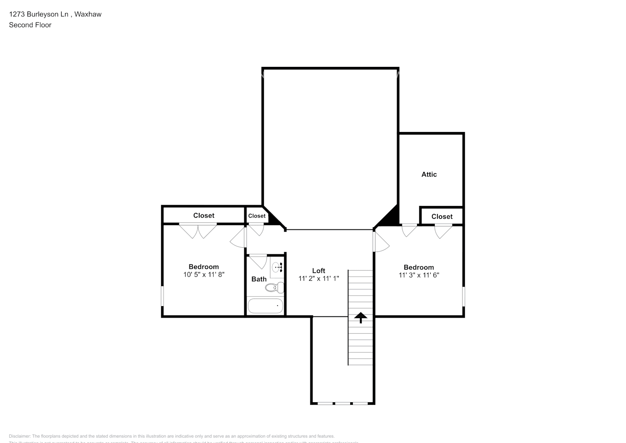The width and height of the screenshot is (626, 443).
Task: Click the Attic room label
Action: coord(429,175)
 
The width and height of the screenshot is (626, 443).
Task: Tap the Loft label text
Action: coord(318,271)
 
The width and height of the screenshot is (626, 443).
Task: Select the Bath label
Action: coord(259,279)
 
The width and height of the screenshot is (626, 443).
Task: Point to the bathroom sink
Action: coord(277,267)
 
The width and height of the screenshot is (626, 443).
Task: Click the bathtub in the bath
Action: coord(265,306)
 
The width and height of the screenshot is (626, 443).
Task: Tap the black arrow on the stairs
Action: coord(360,317)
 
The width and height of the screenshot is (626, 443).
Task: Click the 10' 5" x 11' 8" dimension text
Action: coord(204,275)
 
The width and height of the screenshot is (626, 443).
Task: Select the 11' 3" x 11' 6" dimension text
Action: coord(418,275)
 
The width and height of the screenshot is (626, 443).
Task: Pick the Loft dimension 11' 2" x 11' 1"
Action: coord(318,279)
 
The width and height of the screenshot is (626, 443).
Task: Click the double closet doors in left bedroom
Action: coord(198,231)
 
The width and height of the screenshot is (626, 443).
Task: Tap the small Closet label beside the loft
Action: coord(257,216)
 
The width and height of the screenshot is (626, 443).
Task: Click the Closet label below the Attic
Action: coord(442,217)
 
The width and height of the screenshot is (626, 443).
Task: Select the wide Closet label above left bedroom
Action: coord(204,216)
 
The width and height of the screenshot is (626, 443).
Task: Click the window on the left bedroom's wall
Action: coord(162,296)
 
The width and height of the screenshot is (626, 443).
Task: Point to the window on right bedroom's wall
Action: coord(464,296)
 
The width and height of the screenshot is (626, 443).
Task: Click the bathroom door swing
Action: coord(257,261)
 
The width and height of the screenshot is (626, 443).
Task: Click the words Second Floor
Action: coord(30,25)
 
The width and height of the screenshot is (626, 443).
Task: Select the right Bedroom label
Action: coord(418,267)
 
